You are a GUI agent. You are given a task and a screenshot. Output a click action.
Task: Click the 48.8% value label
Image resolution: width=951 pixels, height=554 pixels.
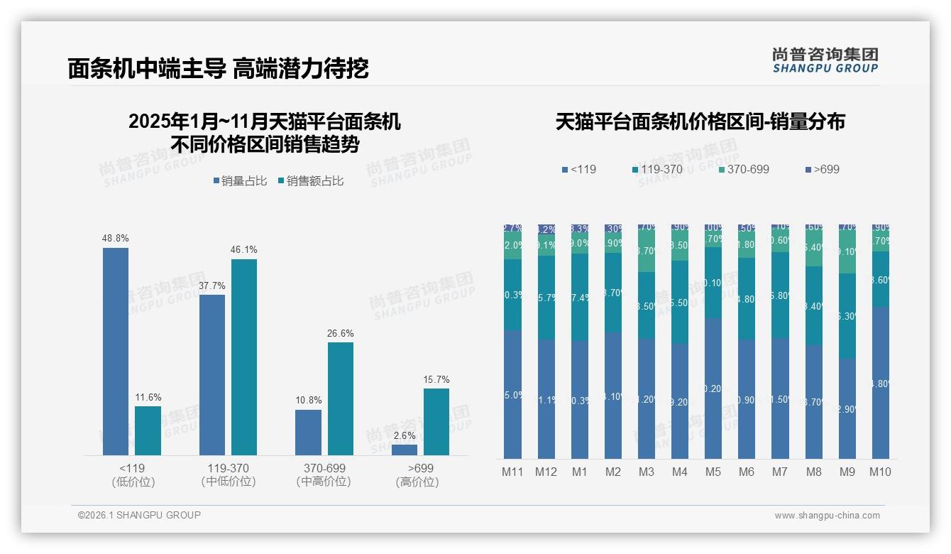coord(116,239)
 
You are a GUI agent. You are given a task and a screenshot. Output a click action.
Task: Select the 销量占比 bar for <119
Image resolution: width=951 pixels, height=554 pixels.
coord(116,352)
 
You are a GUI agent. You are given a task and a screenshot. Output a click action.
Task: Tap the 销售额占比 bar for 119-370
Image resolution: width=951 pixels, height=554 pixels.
coord(243,357)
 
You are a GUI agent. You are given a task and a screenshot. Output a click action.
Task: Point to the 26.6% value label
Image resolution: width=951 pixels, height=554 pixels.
coord(340,333)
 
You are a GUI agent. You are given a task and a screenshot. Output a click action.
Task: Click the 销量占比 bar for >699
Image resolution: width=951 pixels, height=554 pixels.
coord(405,450)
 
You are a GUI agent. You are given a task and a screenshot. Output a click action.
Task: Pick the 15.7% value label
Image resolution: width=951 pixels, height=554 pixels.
coord(436,379)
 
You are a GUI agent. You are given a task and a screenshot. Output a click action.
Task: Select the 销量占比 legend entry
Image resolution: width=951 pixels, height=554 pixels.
coord(240,181)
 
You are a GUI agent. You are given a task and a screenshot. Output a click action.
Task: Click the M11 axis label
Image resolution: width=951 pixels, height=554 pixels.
coord(512,472)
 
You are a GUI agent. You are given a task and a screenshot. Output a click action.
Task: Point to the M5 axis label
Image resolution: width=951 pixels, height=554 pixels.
coord(713,472)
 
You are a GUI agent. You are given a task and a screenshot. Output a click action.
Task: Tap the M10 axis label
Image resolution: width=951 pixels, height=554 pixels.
coord(880,472)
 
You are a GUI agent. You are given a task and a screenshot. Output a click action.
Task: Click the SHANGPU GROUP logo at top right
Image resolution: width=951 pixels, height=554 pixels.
coord(825,60)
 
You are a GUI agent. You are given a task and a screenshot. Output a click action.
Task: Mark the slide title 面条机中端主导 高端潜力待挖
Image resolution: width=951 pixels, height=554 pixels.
coord(218,68)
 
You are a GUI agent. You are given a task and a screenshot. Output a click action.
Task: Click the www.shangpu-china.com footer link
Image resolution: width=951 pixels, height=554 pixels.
coord(827,516)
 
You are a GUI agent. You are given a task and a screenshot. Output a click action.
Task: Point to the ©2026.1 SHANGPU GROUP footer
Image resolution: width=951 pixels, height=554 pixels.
coord(139,515)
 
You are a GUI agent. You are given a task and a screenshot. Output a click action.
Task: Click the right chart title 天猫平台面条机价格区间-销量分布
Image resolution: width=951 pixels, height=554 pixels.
coord(700,121)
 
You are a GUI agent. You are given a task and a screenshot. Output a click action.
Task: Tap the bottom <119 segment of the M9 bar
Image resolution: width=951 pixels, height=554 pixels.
coord(847,408)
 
